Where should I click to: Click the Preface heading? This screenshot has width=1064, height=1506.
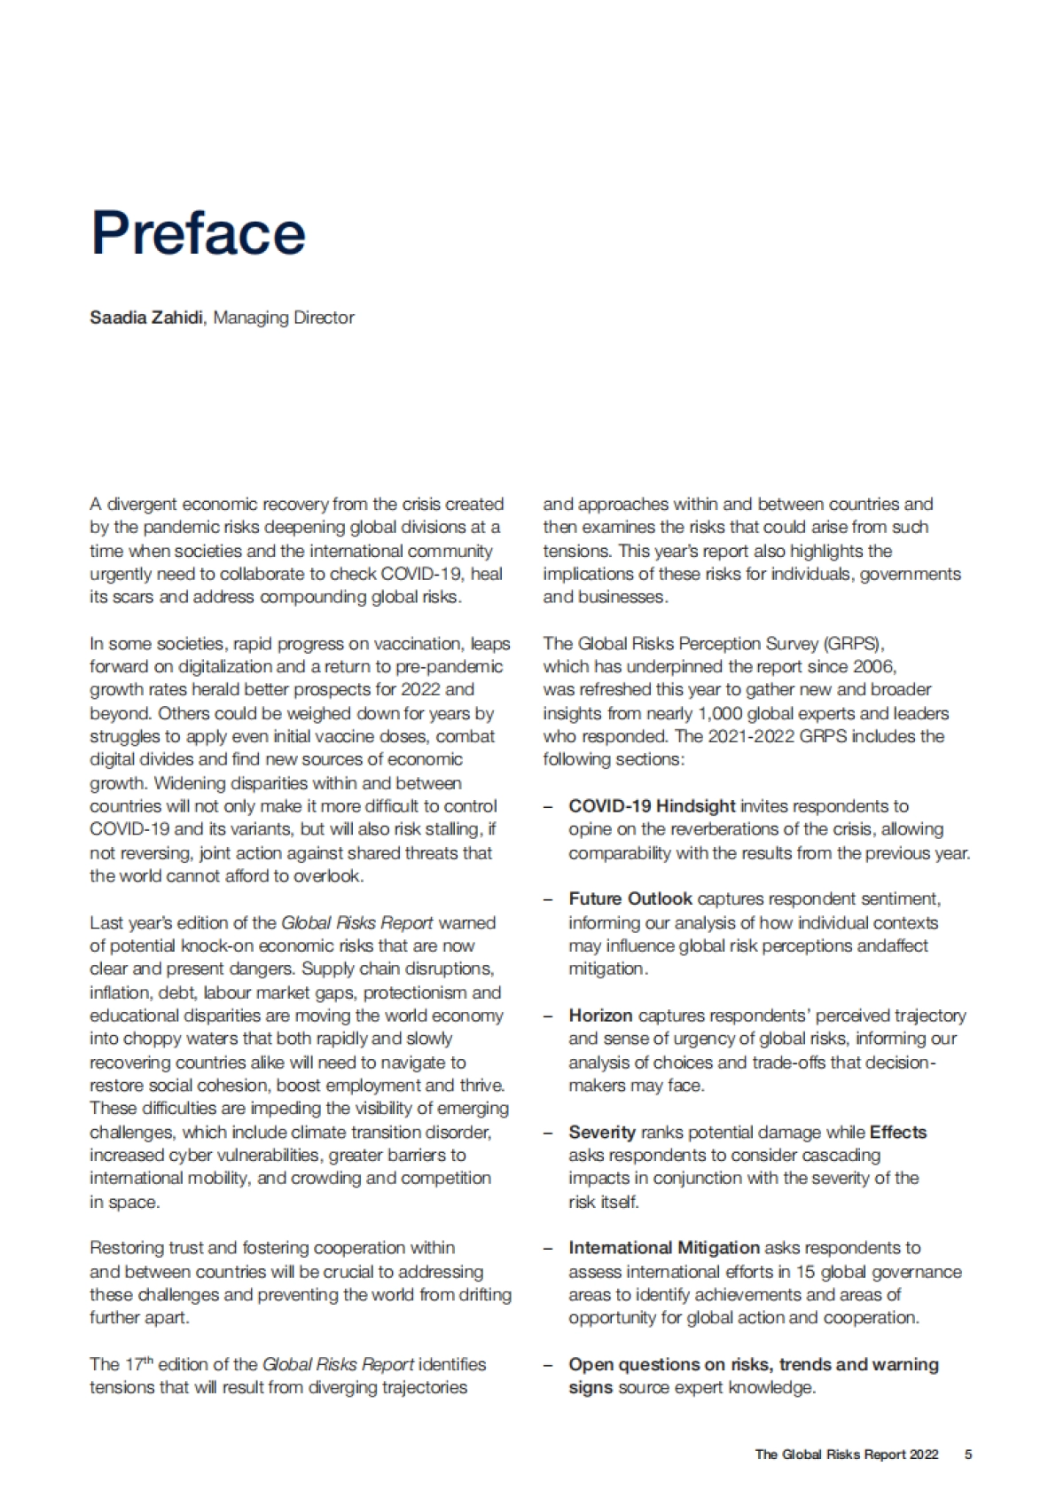pyautogui.click(x=199, y=232)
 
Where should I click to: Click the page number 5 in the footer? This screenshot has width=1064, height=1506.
pyautogui.click(x=968, y=1454)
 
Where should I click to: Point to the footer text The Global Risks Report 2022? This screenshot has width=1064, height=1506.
pyautogui.click(x=846, y=1454)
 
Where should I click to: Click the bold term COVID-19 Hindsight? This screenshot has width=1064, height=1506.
pyautogui.click(x=652, y=806)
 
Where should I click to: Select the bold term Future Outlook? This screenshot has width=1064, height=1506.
pyautogui.click(x=630, y=899)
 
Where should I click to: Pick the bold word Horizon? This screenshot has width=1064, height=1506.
pyautogui.click(x=600, y=1016)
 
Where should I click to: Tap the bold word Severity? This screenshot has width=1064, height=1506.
pyautogui.click(x=602, y=1133)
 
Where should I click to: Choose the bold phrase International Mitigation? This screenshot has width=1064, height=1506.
pyautogui.click(x=664, y=1248)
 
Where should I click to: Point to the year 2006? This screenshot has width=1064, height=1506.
pyautogui.click(x=875, y=666)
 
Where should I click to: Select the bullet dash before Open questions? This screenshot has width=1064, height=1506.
pyautogui.click(x=549, y=1365)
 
